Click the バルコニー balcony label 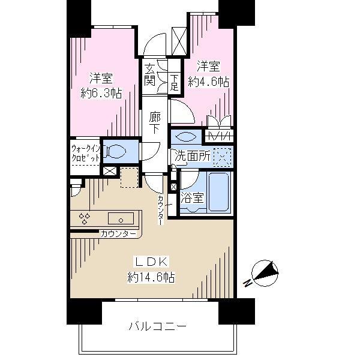point(157,326)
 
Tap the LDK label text point(151,262)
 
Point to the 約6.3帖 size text point(101,93)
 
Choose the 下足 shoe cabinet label point(173,81)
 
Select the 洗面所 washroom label point(192,156)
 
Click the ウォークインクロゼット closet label point(85,152)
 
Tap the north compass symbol point(264,274)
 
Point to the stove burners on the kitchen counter point(85,218)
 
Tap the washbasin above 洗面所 point(186,136)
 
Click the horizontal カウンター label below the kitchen point(118,234)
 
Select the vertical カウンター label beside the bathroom point(161,209)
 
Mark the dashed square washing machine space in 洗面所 point(223,156)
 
